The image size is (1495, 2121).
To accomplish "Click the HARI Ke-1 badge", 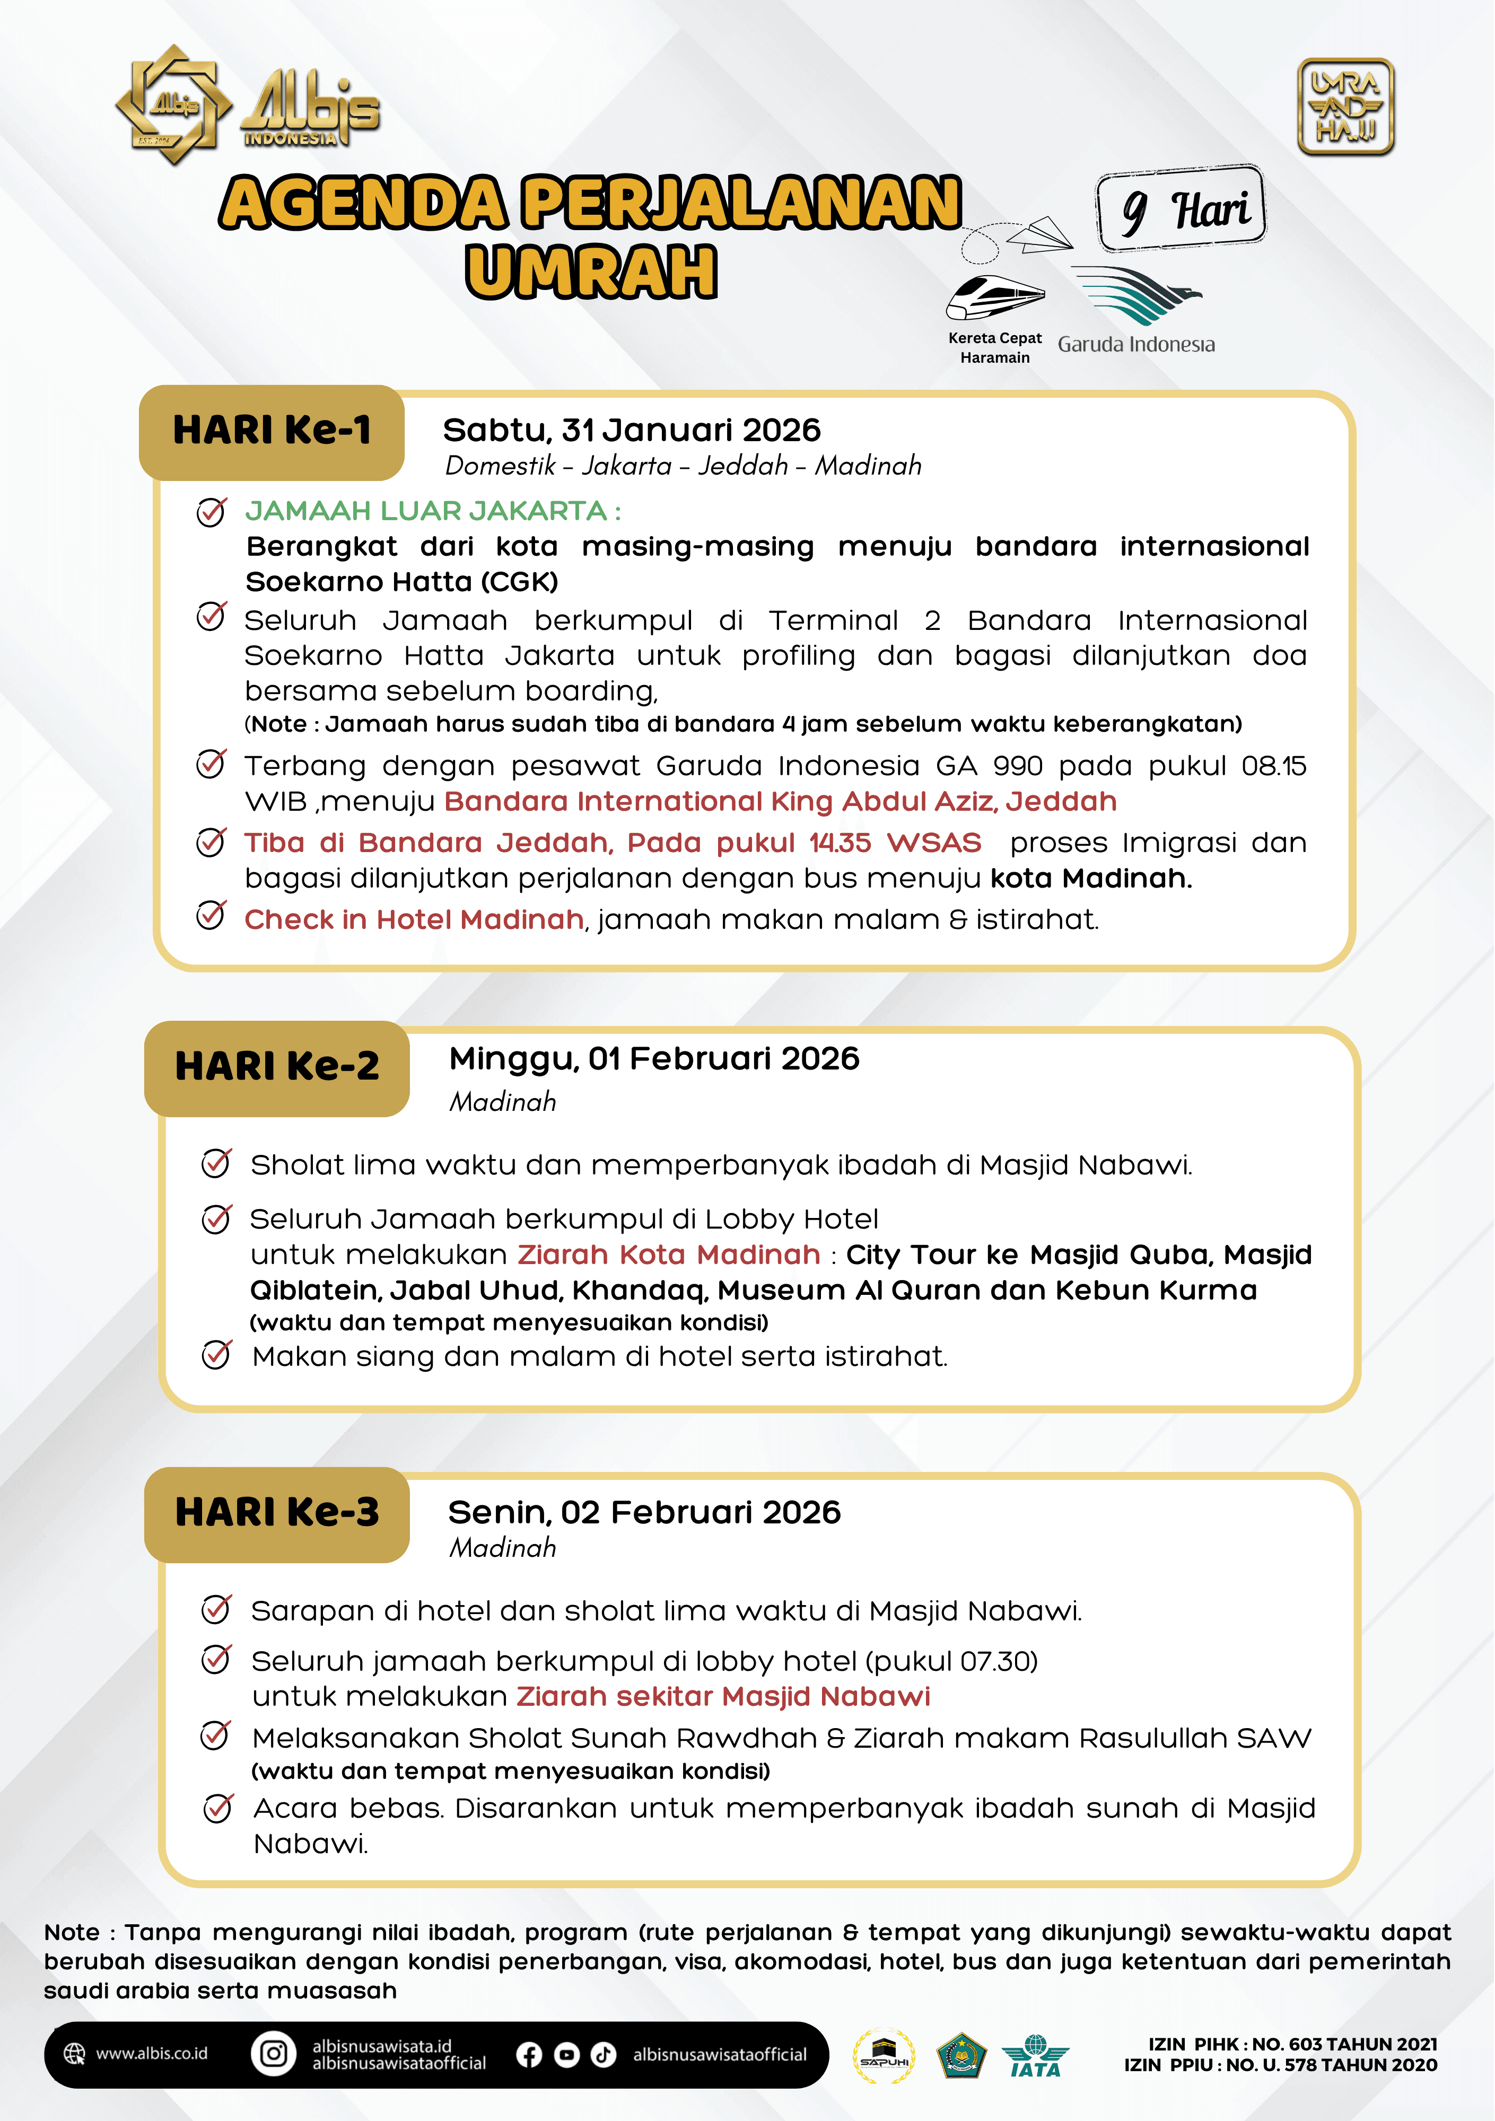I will point(272,432).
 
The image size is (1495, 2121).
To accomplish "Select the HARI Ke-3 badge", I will point(276,1513).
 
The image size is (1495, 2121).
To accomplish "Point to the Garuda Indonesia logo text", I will point(1135,345).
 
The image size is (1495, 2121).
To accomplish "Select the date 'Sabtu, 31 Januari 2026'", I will point(631,431).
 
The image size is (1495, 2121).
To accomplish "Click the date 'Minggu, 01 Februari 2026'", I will point(653,1059).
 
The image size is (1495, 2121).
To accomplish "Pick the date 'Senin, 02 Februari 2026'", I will point(644,1512).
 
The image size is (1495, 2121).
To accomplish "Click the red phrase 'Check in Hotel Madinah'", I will point(414,920).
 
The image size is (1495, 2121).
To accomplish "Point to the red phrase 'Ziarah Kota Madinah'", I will point(668,1255).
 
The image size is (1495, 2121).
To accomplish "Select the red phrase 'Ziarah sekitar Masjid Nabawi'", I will point(722,1696).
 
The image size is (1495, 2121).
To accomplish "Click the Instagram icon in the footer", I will point(274,2054).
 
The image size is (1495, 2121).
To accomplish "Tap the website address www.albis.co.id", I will point(152,2054).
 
